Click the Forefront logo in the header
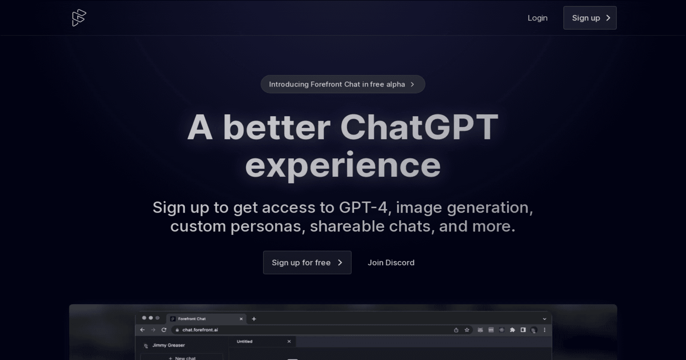coord(79,18)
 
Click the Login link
coord(537,18)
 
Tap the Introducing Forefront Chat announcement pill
coord(343,84)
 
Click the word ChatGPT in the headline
coord(419,127)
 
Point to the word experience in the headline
coord(343,165)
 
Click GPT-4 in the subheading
coord(363,207)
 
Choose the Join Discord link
coord(391,263)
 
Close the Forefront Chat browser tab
coord(241,319)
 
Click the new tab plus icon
coord(254,319)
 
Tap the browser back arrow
coord(143,330)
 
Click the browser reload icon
coord(164,330)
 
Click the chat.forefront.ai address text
coord(200,330)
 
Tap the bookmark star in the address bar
coord(467,330)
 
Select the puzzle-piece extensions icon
coord(512,330)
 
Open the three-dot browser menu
coord(545,330)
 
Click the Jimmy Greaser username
coord(168,345)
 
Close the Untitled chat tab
coord(289,342)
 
